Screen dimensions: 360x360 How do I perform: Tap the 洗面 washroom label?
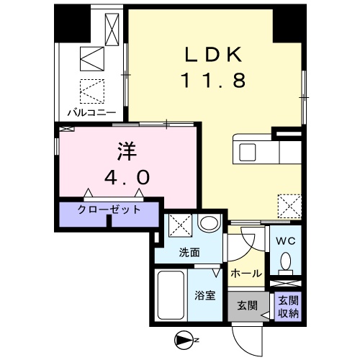(190, 253)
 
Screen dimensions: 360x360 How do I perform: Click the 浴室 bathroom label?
(205, 294)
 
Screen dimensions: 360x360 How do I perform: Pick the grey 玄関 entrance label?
(247, 305)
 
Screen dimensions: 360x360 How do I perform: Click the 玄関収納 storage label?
(286, 305)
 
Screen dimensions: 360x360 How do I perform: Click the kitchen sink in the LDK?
(248, 152)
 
